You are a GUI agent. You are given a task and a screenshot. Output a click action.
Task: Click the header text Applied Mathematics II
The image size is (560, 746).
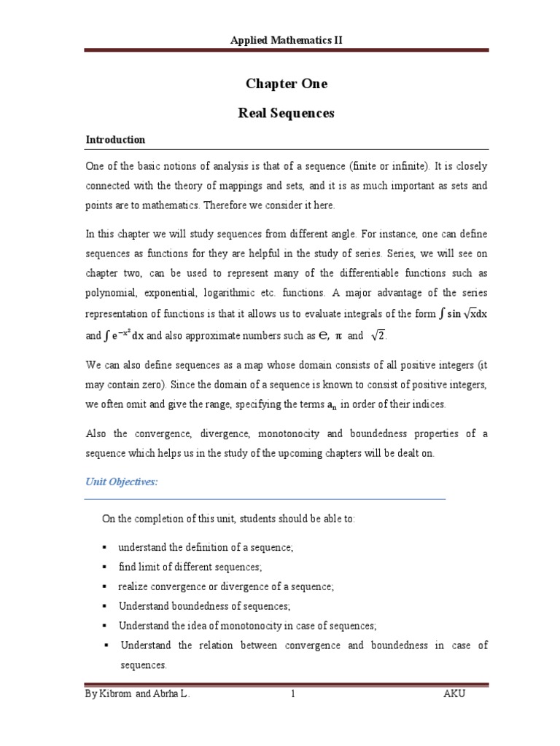pyautogui.click(x=285, y=41)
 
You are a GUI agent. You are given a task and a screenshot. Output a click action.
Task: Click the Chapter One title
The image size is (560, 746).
pyautogui.click(x=286, y=84)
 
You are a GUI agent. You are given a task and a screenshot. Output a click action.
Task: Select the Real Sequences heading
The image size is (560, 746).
pyautogui.click(x=286, y=113)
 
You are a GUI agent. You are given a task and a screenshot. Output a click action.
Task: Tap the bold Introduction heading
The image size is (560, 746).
pyautogui.click(x=115, y=139)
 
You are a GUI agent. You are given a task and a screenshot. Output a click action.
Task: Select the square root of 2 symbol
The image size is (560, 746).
pyautogui.click(x=378, y=336)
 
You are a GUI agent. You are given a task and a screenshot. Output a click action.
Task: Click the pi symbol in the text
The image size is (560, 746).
pyautogui.click(x=338, y=337)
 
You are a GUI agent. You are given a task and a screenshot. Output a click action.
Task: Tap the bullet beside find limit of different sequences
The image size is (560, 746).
pyautogui.click(x=105, y=566)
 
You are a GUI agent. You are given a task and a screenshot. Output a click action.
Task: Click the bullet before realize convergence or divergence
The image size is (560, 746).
pyautogui.click(x=105, y=586)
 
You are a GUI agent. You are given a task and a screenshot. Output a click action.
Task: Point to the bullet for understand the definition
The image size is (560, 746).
pyautogui.click(x=105, y=546)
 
